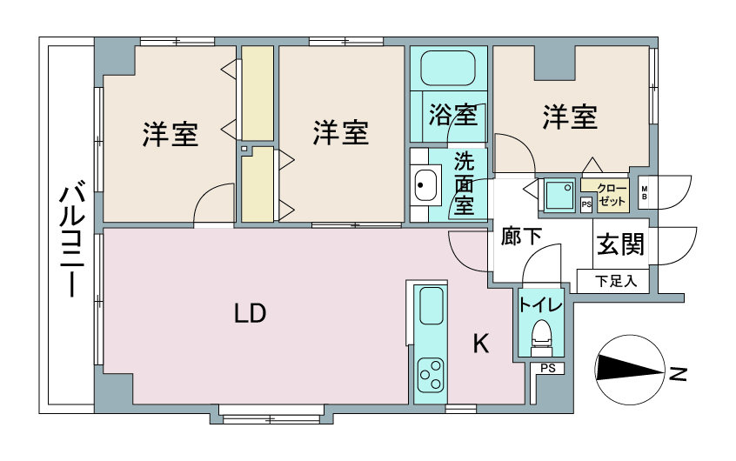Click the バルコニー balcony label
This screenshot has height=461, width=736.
(x=71, y=242)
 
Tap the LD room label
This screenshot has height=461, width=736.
(x=251, y=314)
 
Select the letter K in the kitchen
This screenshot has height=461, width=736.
(x=480, y=344)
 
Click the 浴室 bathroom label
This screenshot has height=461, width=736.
(x=453, y=115)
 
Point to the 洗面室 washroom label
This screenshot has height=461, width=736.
(x=464, y=184)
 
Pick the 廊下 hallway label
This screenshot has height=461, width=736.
(x=521, y=236)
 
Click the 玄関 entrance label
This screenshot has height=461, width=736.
(x=620, y=244)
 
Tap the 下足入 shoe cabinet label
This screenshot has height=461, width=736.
(x=616, y=281)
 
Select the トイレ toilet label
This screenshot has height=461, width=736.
(x=540, y=305)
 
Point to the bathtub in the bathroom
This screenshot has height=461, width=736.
(x=448, y=68)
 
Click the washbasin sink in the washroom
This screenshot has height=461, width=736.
(x=425, y=184)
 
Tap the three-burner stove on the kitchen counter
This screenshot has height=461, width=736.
(x=432, y=374)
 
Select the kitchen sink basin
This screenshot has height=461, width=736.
(x=432, y=305)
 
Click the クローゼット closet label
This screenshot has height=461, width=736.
(x=612, y=195)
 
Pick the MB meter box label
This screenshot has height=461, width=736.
(x=644, y=193)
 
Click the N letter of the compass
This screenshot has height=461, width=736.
(x=678, y=374)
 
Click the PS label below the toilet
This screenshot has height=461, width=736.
(x=548, y=368)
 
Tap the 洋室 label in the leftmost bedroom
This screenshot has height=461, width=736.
(x=170, y=134)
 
